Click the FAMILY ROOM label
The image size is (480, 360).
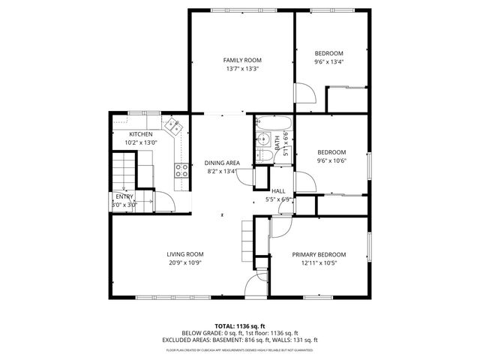[242, 60]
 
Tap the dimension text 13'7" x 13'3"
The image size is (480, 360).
[242, 69]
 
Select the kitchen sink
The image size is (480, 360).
[173, 125]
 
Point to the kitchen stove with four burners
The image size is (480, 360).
[181, 169]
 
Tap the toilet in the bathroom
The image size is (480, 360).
[264, 155]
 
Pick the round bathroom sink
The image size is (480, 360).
[263, 139]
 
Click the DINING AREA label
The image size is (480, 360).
[222, 163]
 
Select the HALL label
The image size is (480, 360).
[278, 191]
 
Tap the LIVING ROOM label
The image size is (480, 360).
[185, 254]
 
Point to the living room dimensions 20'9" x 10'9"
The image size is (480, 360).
[185, 263]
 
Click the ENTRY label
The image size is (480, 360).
[124, 196]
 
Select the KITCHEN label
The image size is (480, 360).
[140, 134]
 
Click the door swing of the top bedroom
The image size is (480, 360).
[304, 93]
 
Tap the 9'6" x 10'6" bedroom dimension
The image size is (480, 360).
[329, 160]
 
